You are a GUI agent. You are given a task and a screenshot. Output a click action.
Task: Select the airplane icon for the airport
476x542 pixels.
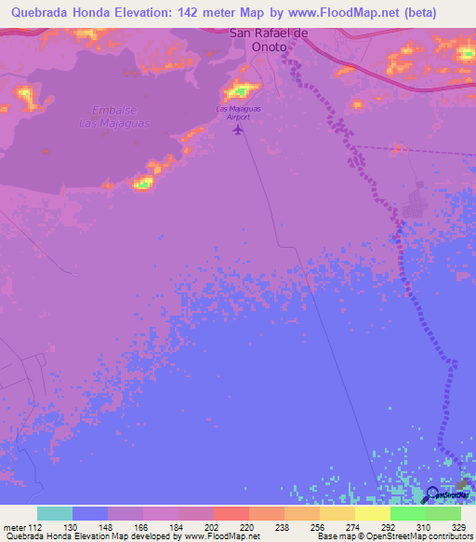pyautogui.click(x=240, y=129)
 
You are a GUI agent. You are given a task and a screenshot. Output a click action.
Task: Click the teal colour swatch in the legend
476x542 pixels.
pyautogui.click(x=55, y=513)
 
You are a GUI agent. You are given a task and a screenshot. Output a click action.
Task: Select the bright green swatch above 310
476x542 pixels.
pyautogui.click(x=407, y=513)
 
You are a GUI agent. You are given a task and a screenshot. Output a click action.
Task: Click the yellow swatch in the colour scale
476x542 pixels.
pyautogui.click(x=372, y=513)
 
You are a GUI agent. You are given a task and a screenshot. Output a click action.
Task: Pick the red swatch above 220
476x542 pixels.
pyautogui.click(x=231, y=513)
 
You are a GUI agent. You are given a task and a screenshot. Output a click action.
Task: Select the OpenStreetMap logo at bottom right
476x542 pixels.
pyautogui.click(x=432, y=495)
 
